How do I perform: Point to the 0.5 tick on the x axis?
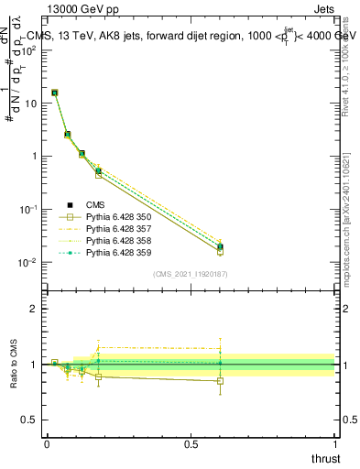191,443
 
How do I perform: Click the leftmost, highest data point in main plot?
54,93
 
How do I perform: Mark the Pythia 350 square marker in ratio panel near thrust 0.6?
220,380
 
